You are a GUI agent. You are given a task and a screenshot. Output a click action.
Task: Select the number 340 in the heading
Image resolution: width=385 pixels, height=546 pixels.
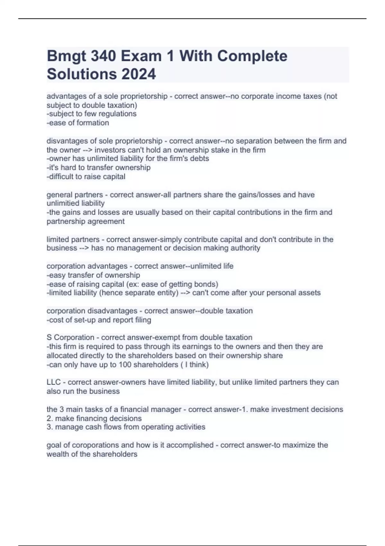coord(103,57)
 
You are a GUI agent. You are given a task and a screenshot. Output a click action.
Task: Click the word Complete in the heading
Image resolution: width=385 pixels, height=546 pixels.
coord(252,57)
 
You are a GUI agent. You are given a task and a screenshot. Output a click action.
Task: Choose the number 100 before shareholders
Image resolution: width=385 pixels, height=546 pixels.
coord(125,365)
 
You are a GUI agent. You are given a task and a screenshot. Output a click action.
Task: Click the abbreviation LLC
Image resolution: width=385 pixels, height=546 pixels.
coord(54,382)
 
